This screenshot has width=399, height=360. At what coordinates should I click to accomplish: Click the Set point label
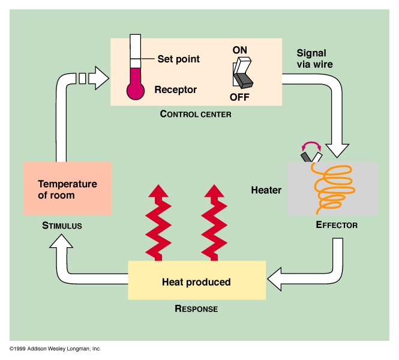178,59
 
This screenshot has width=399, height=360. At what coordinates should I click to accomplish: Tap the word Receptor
175,90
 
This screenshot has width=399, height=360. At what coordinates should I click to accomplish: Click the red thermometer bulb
136,90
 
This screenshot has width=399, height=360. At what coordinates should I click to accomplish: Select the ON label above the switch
240,50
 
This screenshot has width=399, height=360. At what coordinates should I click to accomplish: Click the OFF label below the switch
239,97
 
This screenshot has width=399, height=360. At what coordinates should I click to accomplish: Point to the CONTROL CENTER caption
196,114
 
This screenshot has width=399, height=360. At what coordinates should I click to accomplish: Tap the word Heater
266,190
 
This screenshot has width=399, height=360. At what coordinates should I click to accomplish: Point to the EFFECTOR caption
337,226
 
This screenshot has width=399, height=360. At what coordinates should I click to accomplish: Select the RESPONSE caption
196,309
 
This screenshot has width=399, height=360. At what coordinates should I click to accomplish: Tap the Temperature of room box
67,188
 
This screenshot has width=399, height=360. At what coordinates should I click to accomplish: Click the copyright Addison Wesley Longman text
55,349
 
